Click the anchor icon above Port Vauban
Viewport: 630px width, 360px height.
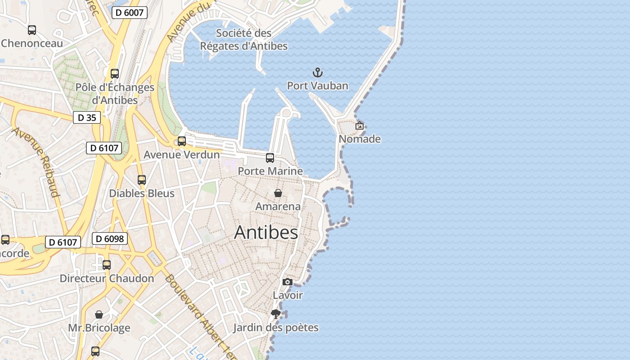[318, 72]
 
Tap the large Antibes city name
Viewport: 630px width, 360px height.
[266, 233]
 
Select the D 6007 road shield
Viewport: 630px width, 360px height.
[129, 13]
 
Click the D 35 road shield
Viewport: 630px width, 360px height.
[87, 117]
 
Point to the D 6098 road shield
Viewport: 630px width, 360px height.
[110, 238]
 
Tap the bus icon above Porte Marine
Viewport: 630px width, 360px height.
[270, 158]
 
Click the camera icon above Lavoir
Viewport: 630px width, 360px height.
[288, 282]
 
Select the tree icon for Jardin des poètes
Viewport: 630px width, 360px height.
[276, 314]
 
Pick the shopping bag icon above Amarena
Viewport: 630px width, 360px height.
[278, 193]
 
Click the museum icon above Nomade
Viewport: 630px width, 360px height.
[360, 126]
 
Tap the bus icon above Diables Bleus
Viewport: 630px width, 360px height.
[142, 180]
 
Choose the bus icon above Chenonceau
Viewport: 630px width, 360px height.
[32, 30]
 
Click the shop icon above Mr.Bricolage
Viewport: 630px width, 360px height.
[99, 314]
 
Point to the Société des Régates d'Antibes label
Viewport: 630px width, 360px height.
[243, 40]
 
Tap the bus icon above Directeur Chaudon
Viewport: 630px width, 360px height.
[107, 265]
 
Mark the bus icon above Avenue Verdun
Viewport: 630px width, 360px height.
[182, 141]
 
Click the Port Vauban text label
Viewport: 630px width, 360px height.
[318, 85]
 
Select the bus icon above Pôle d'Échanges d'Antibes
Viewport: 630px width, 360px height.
[115, 74]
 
